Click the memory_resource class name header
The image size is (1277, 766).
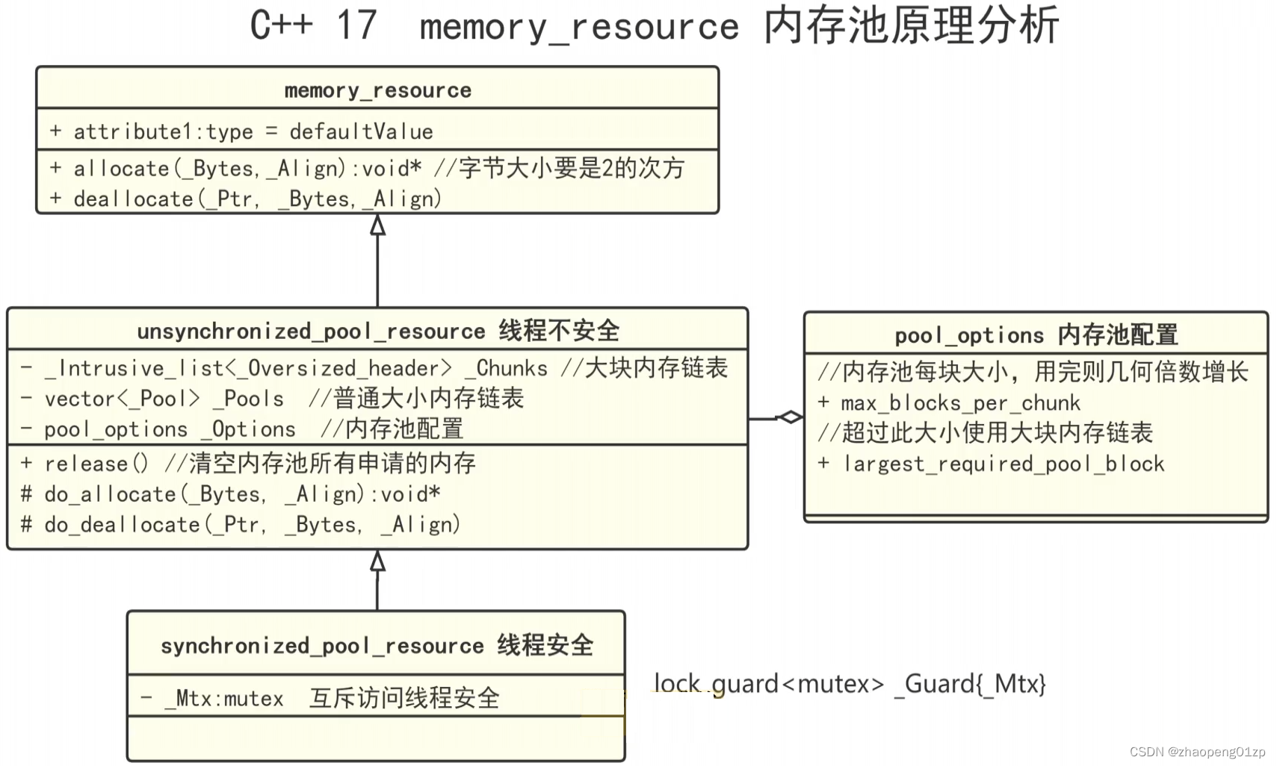tap(377, 90)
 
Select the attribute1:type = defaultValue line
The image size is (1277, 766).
tap(241, 132)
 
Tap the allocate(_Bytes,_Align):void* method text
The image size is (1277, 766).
tap(247, 169)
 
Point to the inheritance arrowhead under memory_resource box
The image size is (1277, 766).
tap(378, 225)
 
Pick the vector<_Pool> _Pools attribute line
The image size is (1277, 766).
tap(164, 399)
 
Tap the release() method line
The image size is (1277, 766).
tap(97, 464)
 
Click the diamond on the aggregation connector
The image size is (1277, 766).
tap(790, 417)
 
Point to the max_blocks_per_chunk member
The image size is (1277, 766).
tap(960, 403)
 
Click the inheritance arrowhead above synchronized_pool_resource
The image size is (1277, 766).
tap(378, 561)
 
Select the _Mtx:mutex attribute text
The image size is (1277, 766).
tap(223, 699)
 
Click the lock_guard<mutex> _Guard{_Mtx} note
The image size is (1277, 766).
tap(850, 684)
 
